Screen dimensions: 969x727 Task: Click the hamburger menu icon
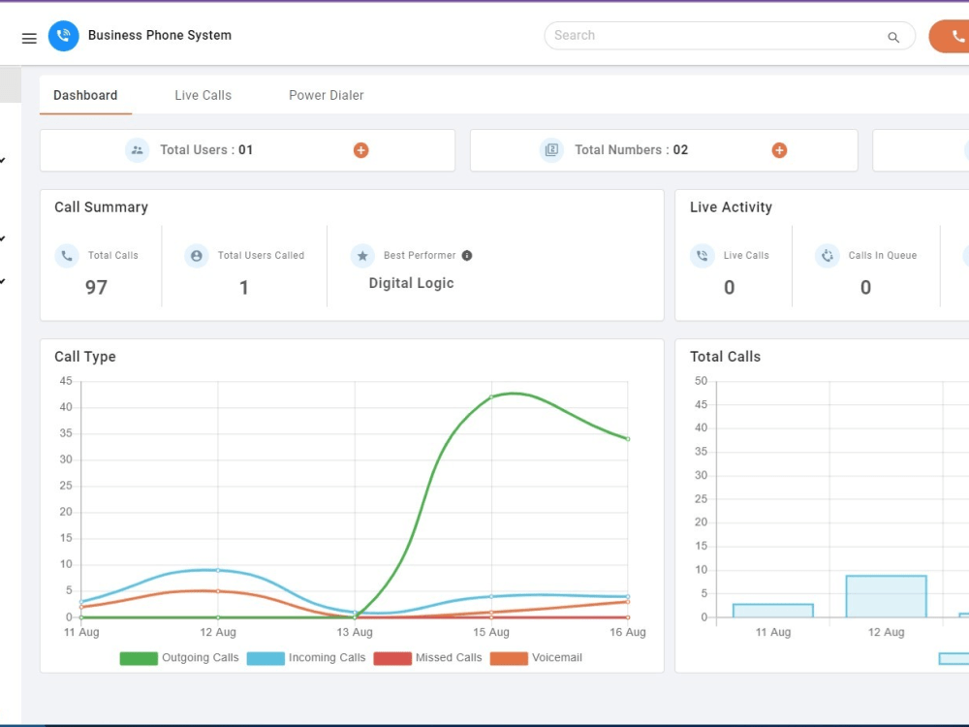click(x=29, y=39)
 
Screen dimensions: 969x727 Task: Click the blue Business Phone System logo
click(x=64, y=36)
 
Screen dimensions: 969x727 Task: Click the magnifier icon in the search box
click(x=893, y=38)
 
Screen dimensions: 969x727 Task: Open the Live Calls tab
click(x=203, y=95)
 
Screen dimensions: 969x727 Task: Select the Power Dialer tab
click(x=327, y=95)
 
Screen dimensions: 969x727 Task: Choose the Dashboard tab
click(x=85, y=95)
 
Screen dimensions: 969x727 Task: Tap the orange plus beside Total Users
click(x=360, y=150)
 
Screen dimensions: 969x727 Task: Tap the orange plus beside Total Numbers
click(x=779, y=150)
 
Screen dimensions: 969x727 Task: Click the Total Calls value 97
click(x=96, y=288)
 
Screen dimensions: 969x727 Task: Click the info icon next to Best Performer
click(x=467, y=255)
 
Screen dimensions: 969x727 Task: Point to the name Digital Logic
click(x=412, y=283)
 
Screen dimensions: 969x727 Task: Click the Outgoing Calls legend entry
click(x=179, y=658)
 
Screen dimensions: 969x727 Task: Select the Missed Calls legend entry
click(x=427, y=658)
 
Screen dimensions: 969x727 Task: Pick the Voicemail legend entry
click(x=536, y=658)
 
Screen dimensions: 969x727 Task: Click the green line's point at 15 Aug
click(x=491, y=396)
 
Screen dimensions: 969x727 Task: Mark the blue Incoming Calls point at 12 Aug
click(x=218, y=570)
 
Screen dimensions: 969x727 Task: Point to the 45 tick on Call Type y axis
click(x=66, y=381)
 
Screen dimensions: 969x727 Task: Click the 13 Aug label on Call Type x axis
click(x=355, y=632)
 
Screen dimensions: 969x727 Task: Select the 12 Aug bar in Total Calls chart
click(x=887, y=596)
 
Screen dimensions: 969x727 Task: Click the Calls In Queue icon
click(x=828, y=255)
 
